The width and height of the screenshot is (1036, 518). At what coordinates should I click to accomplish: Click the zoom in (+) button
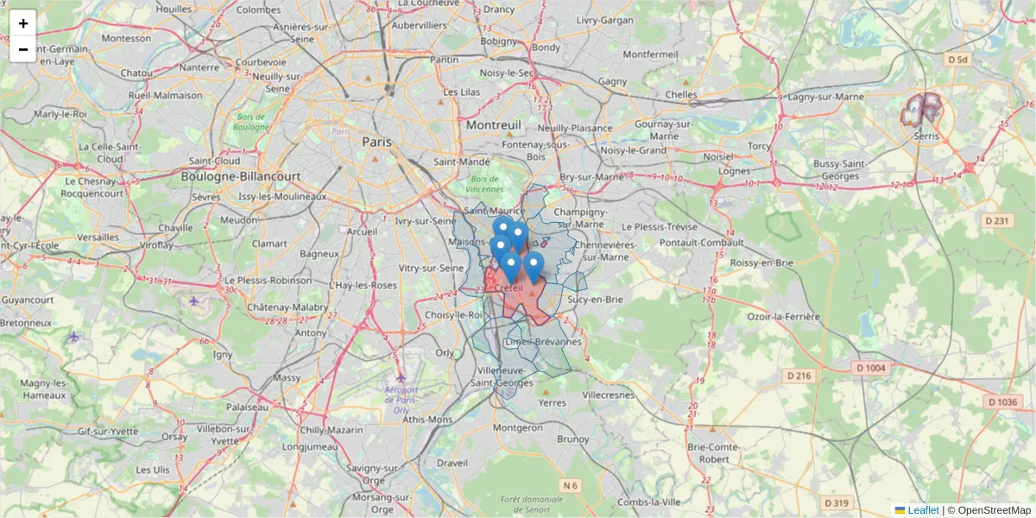pos(23,23)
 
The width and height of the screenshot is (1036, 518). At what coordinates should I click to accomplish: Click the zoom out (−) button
pos(23,49)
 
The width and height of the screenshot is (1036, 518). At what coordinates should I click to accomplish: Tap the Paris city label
pos(377,142)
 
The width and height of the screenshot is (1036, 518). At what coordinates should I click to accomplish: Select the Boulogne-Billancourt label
pos(241,176)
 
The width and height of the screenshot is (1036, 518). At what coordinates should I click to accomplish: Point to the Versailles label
pos(98,237)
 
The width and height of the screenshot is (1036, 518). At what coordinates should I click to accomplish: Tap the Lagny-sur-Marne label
pos(826,97)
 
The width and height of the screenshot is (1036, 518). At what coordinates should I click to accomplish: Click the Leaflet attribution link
pos(923,510)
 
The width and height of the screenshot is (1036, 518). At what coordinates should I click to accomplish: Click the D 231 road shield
pos(996,221)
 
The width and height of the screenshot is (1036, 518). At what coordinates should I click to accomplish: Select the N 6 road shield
pos(570,486)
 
